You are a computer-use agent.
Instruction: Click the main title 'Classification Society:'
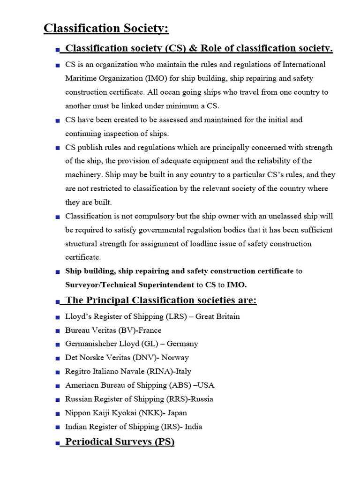click(x=106, y=29)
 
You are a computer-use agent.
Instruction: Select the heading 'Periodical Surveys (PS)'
click(x=120, y=442)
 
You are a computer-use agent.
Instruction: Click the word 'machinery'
click(x=82, y=175)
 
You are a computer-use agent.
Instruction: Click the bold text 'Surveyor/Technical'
click(x=101, y=285)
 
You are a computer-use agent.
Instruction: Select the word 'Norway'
click(x=175, y=358)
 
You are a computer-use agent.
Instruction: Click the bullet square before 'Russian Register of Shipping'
click(x=57, y=400)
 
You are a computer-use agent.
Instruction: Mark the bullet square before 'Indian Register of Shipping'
click(x=57, y=427)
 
